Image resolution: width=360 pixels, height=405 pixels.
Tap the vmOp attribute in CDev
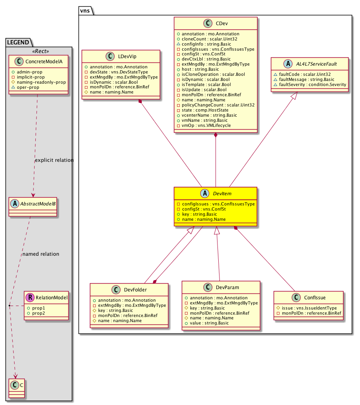pyautogui.click(x=203, y=125)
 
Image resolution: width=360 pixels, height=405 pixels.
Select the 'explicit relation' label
pyautogui.click(x=54, y=160)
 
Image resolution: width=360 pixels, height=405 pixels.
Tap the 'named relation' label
pyautogui.click(x=41, y=254)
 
